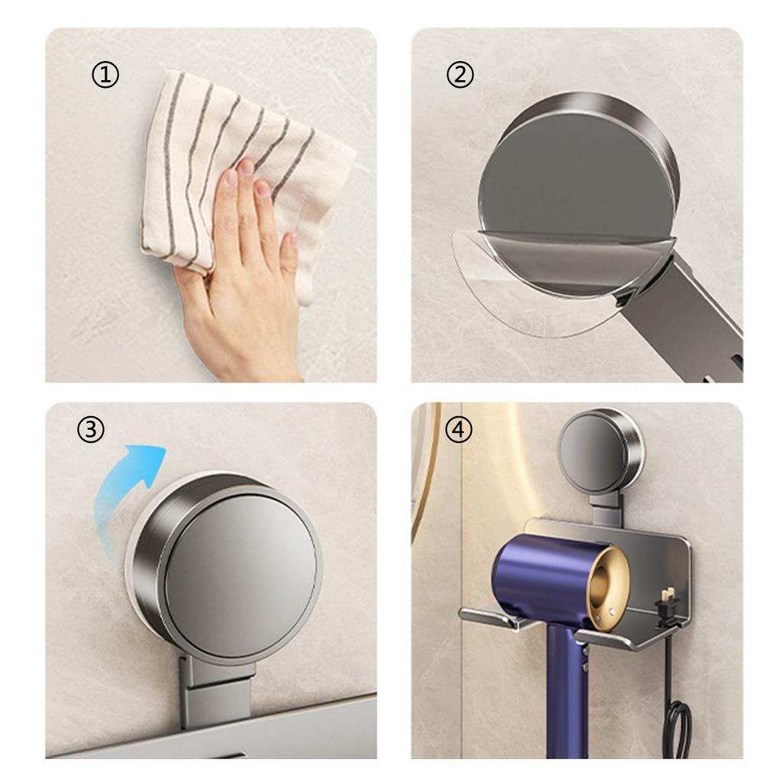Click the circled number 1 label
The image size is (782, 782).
pos(105,75)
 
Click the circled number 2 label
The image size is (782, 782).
pos(460,75)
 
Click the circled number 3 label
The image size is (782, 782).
pos(91,430)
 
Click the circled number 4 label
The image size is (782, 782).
pos(458,430)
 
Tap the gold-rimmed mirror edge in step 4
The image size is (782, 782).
pos(422,473)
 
